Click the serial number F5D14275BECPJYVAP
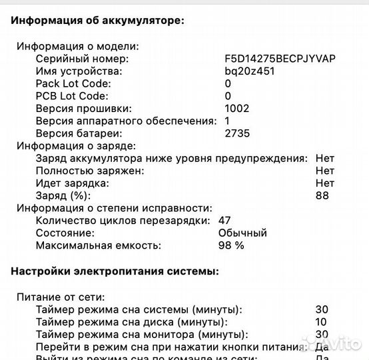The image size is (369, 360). (280, 59)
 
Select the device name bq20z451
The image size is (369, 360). (249, 71)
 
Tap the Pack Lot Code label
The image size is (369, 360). (73, 84)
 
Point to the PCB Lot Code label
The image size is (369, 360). (73, 96)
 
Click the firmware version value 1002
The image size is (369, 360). (237, 108)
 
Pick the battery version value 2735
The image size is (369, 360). (237, 133)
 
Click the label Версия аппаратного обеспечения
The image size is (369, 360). (126, 121)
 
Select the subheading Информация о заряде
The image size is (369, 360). (76, 145)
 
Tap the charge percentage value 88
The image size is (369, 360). (322, 195)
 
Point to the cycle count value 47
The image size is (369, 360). (224, 220)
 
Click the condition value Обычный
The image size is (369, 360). (242, 233)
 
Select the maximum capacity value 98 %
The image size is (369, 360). (231, 245)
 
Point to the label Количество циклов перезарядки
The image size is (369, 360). (123, 220)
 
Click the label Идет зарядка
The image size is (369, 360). (72, 183)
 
